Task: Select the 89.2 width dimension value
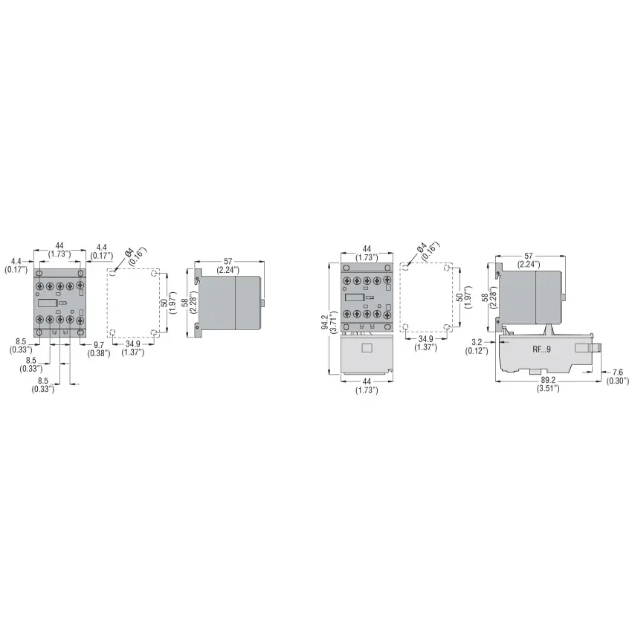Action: [x=548, y=381]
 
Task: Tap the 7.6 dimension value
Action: [x=617, y=373]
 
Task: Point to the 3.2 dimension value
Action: [x=477, y=343]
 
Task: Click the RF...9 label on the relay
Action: [x=541, y=349]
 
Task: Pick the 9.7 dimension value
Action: [x=99, y=345]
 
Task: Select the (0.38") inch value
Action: [x=99, y=353]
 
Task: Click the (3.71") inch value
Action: [x=333, y=322]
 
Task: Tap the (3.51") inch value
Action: [x=548, y=389]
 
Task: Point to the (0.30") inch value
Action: [x=617, y=381]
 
